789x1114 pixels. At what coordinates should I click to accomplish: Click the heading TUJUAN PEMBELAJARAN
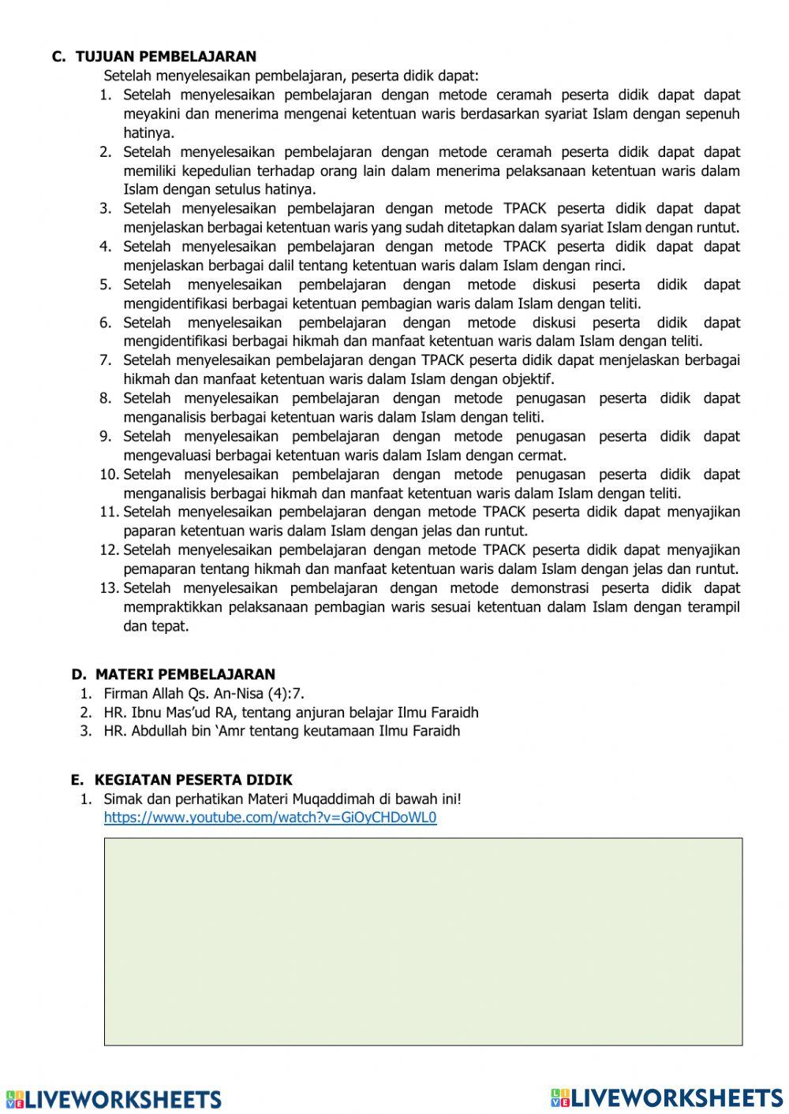click(x=166, y=57)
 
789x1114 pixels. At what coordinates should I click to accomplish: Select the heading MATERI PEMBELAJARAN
click(x=185, y=674)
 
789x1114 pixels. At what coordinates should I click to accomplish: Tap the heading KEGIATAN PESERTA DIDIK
click(x=193, y=780)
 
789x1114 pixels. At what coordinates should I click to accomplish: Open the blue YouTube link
click(x=270, y=818)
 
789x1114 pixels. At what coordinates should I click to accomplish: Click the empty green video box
click(x=423, y=941)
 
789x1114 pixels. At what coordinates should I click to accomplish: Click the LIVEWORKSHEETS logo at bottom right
click(x=667, y=1097)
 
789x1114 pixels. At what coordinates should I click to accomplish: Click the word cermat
click(x=542, y=456)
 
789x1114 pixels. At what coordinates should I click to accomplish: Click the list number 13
click(x=110, y=588)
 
